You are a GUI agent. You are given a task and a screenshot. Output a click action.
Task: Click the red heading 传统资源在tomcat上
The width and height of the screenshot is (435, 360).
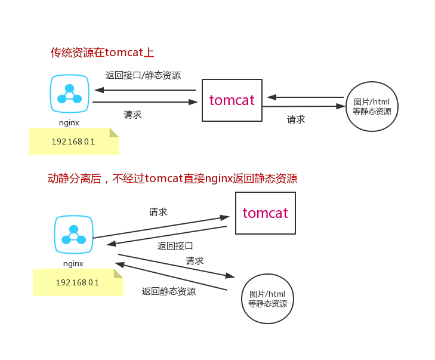[102, 53]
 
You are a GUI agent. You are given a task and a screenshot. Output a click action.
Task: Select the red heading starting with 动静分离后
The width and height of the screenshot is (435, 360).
[172, 179]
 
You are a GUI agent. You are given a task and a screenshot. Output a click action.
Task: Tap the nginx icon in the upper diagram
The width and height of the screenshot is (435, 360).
[69, 94]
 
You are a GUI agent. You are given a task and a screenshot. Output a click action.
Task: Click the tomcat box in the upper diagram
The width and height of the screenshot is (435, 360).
[232, 100]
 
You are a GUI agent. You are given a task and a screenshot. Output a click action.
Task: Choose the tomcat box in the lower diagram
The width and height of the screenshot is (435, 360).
[265, 213]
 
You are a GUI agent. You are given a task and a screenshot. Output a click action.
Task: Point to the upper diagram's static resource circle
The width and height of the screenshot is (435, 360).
[372, 106]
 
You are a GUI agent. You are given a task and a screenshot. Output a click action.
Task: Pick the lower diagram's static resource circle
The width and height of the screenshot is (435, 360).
[267, 299]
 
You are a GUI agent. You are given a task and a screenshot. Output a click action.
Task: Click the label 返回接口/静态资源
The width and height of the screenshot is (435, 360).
[143, 76]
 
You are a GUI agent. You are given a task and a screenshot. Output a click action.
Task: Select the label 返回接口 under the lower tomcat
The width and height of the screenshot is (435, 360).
[175, 245]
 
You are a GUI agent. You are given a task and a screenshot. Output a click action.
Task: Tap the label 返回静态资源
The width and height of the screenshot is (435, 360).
[168, 291]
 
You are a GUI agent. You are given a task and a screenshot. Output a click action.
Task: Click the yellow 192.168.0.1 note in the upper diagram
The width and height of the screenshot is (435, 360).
[73, 142]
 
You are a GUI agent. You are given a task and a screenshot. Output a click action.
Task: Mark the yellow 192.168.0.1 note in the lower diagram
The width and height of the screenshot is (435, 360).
[78, 282]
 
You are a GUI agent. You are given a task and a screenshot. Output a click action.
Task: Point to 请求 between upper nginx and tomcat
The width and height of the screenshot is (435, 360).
[132, 115]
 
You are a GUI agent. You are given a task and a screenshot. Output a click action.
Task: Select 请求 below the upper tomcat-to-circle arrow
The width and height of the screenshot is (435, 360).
[296, 119]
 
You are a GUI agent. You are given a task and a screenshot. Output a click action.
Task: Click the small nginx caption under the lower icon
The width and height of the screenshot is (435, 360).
[73, 263]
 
